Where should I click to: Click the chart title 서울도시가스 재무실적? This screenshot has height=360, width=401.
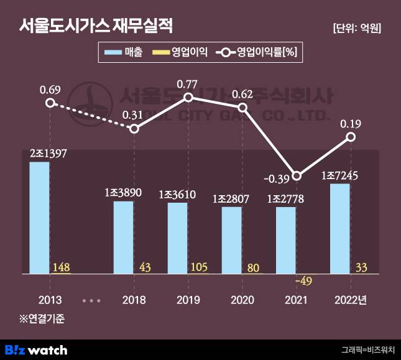click(96, 26)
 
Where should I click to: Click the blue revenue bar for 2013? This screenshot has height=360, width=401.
click(40, 218)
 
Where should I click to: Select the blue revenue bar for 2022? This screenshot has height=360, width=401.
click(339, 228)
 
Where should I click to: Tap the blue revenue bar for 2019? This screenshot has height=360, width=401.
click(177, 238)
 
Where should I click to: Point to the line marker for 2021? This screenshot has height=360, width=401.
click(297, 176)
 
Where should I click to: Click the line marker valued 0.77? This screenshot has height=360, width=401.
click(188, 98)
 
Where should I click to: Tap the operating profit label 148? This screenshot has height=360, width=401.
click(62, 267)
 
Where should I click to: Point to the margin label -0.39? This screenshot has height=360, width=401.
click(274, 179)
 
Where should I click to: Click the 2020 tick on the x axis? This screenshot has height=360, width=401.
click(242, 300)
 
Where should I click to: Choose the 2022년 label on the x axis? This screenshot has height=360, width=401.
click(351, 300)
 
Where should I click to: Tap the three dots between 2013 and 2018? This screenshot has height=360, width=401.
click(91, 300)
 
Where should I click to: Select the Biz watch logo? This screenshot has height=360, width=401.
click(36, 349)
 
